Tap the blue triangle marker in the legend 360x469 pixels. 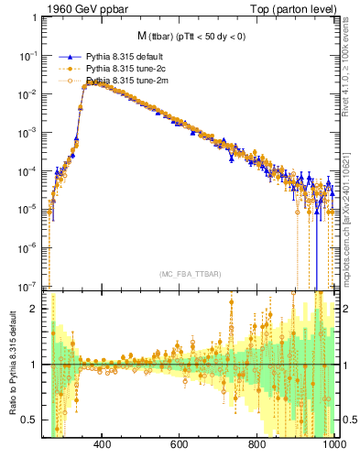[x=65, y=56]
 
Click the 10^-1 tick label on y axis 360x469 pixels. [x=31, y=56]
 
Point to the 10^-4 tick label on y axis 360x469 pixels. [x=31, y=170]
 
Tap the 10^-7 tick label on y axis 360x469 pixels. [x=31, y=285]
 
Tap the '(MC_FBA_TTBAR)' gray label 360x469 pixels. [x=191, y=275]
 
